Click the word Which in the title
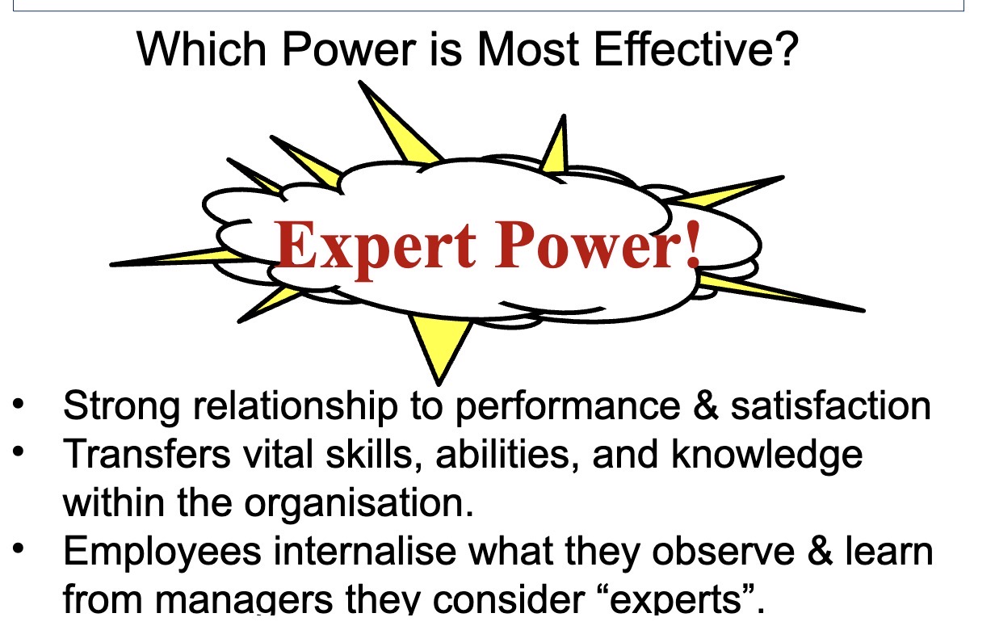pos(202,49)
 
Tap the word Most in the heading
pos(528,49)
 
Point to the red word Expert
pos(376,249)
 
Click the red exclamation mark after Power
pos(693,246)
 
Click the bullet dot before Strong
pos(19,405)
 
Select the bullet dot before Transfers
pos(19,451)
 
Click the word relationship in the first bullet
pos(295,407)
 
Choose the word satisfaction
pos(830,405)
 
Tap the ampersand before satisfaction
pos(705,405)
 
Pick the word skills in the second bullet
pos(368,453)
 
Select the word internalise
pos(365,551)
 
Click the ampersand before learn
pos(820,551)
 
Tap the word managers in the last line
pos(244,601)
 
